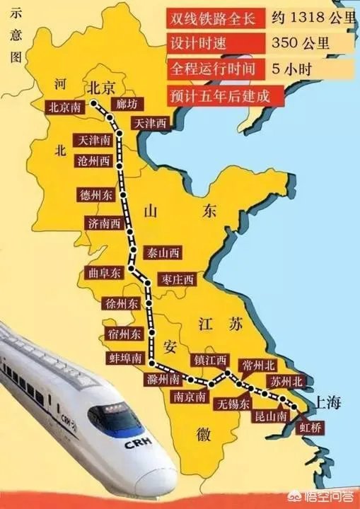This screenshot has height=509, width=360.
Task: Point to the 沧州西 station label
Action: (x=94, y=160)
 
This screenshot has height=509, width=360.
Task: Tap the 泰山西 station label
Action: (x=163, y=252)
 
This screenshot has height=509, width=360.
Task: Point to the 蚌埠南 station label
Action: (x=127, y=358)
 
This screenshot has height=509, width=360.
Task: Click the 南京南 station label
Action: (x=190, y=397)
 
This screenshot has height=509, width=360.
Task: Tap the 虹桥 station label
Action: (x=311, y=427)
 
